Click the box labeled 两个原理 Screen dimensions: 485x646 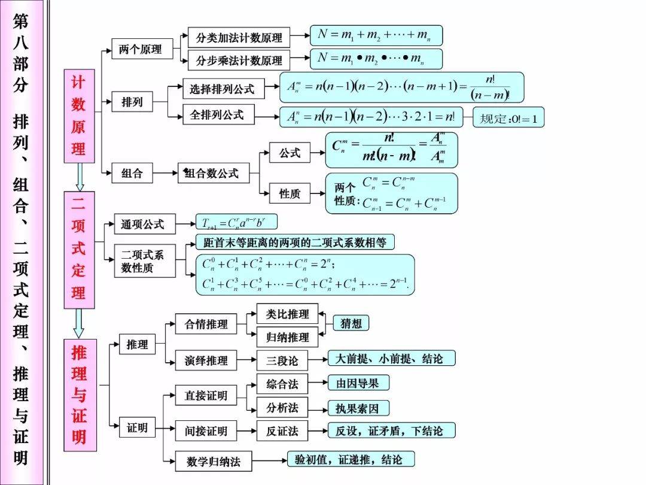[x=141, y=50]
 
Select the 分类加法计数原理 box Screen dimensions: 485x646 [x=239, y=38]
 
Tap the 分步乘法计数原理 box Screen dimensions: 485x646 [x=239, y=60]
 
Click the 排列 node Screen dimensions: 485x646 [x=132, y=102]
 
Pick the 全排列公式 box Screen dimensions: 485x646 [x=218, y=115]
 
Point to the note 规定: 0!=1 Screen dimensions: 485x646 [x=508, y=118]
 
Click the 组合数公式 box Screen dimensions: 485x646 [x=213, y=174]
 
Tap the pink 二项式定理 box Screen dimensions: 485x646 [x=79, y=250]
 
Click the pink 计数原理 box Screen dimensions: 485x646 [x=79, y=116]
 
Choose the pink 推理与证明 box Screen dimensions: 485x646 [x=79, y=395]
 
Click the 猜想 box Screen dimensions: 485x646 [x=351, y=323]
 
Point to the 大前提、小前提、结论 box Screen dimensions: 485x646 [x=391, y=359]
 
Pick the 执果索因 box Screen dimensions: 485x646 [x=358, y=408]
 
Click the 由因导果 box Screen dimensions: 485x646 [x=358, y=383]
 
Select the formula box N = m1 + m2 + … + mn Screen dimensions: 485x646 [x=376, y=36]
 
